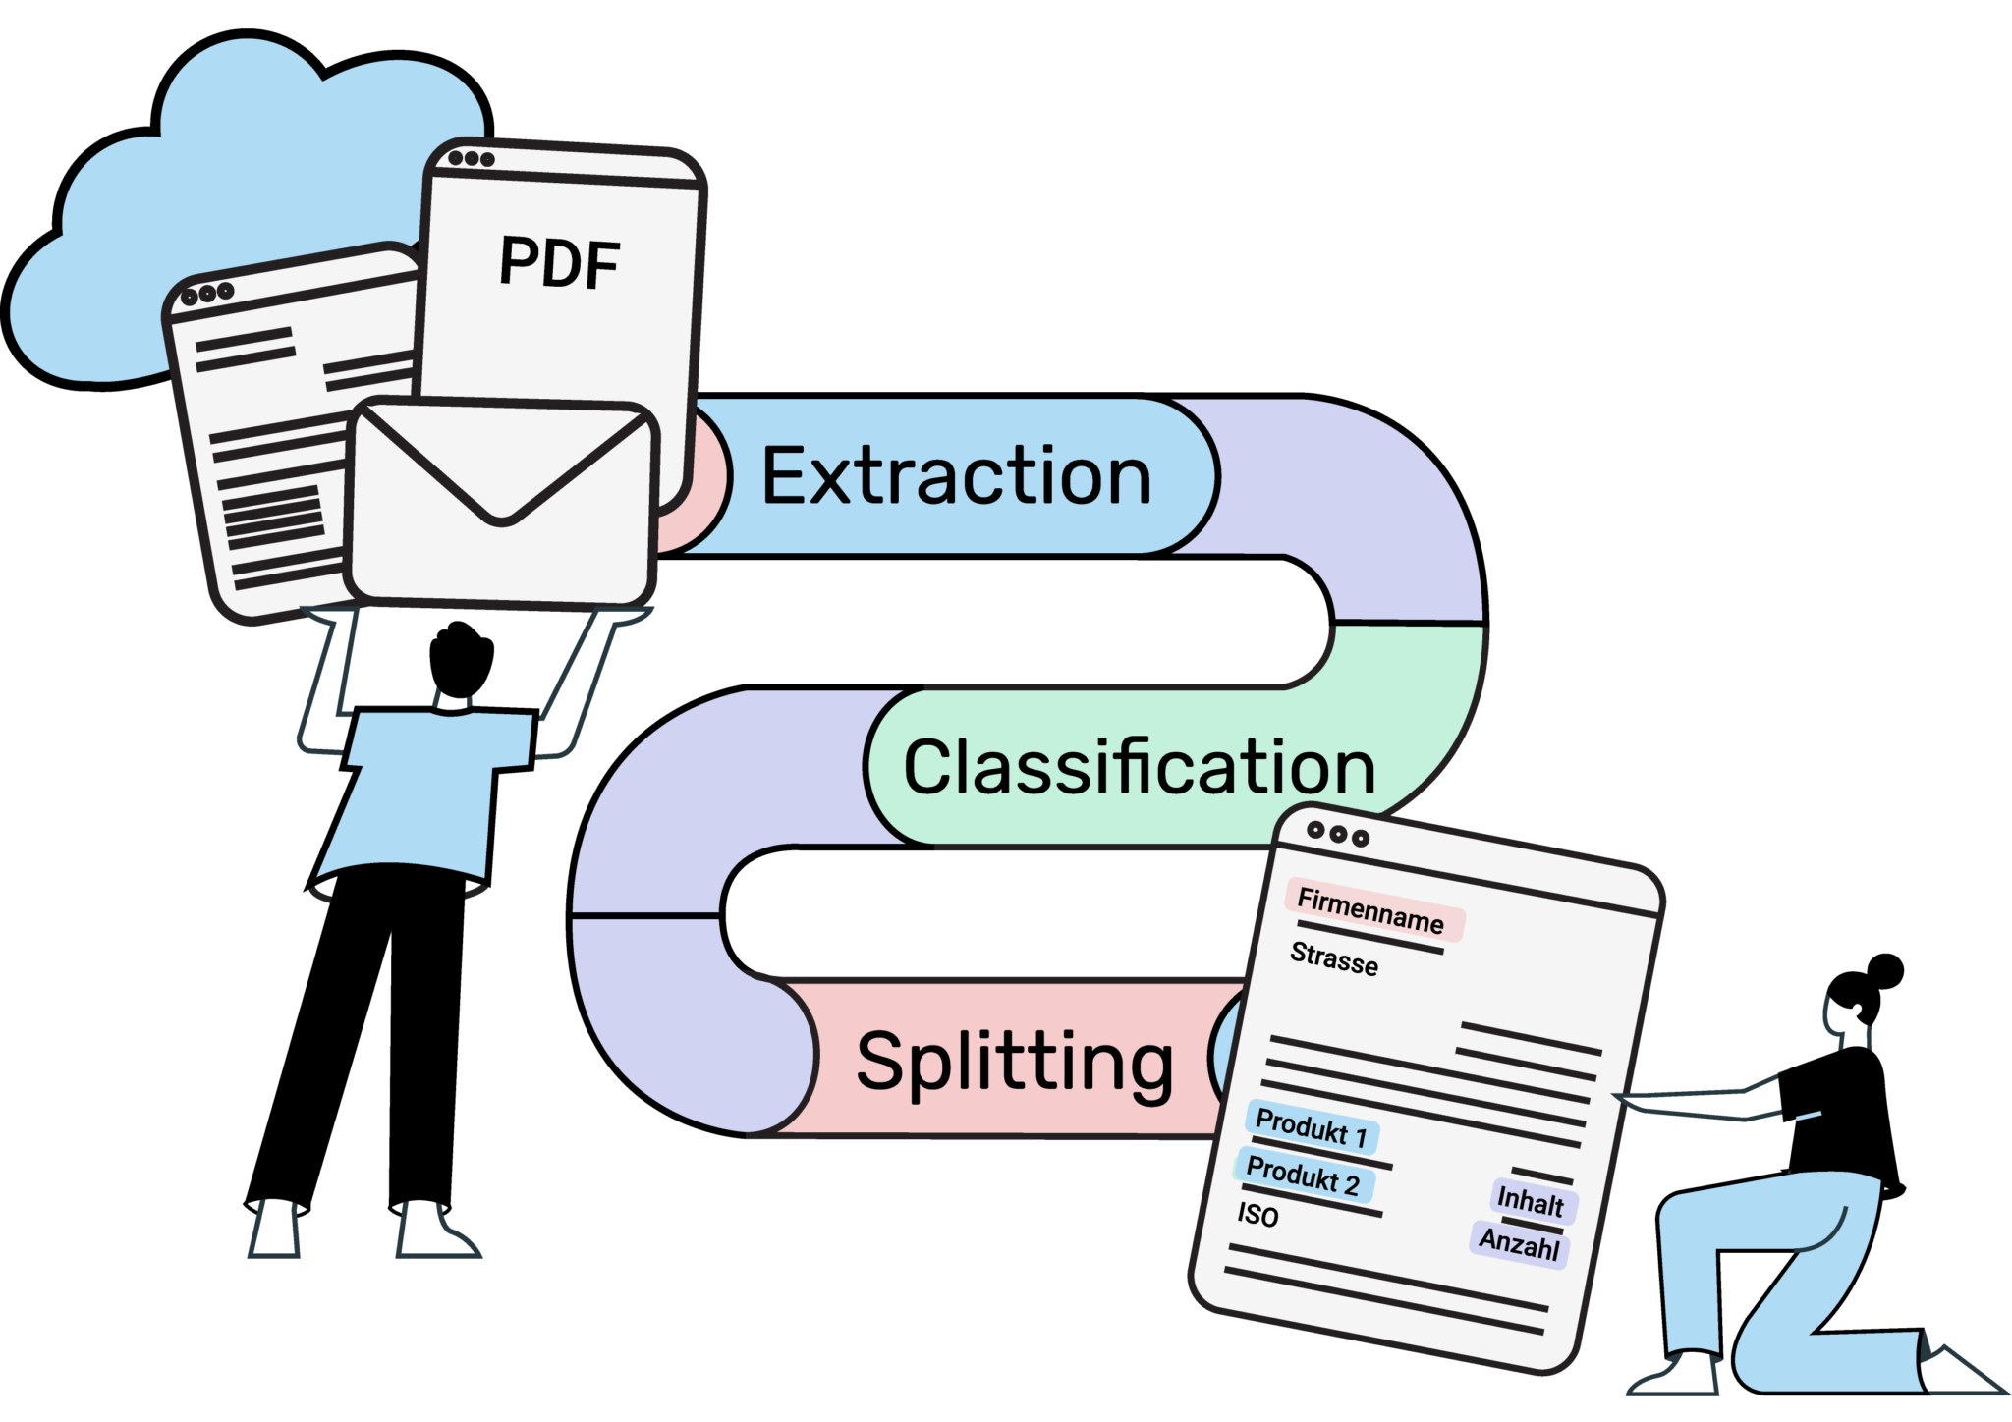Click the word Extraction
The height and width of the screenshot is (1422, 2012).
pos(956,476)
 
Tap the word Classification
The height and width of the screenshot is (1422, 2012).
pos(1139,767)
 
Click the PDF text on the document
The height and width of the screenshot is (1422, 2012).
pos(559,263)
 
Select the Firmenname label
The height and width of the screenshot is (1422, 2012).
pos(1370,910)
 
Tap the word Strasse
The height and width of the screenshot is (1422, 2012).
pos(1334,957)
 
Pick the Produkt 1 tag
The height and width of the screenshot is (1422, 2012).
pos(1312,1127)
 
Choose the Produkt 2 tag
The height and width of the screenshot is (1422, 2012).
pos(1303,1175)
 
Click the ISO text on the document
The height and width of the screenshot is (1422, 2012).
pos(1257,1215)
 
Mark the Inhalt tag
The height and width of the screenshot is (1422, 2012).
pos(1530,1201)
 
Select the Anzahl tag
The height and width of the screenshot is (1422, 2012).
pos(1519,1244)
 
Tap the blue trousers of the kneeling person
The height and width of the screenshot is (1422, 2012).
pos(1768,1267)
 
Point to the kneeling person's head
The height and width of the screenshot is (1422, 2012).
pos(1847,1021)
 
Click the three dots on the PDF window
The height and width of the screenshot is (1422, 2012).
pos(471,159)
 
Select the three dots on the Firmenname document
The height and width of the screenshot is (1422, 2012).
pos(1337,834)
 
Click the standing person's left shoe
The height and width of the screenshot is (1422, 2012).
pos(275,1228)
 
